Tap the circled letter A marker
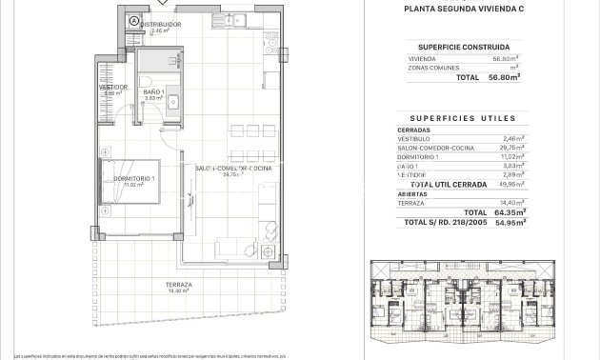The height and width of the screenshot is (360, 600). [x=134, y=21]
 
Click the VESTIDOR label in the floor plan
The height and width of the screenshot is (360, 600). [x=113, y=88]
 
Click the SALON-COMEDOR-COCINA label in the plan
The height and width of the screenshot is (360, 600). [x=233, y=169]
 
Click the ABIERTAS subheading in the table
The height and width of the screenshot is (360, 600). [x=413, y=193]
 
